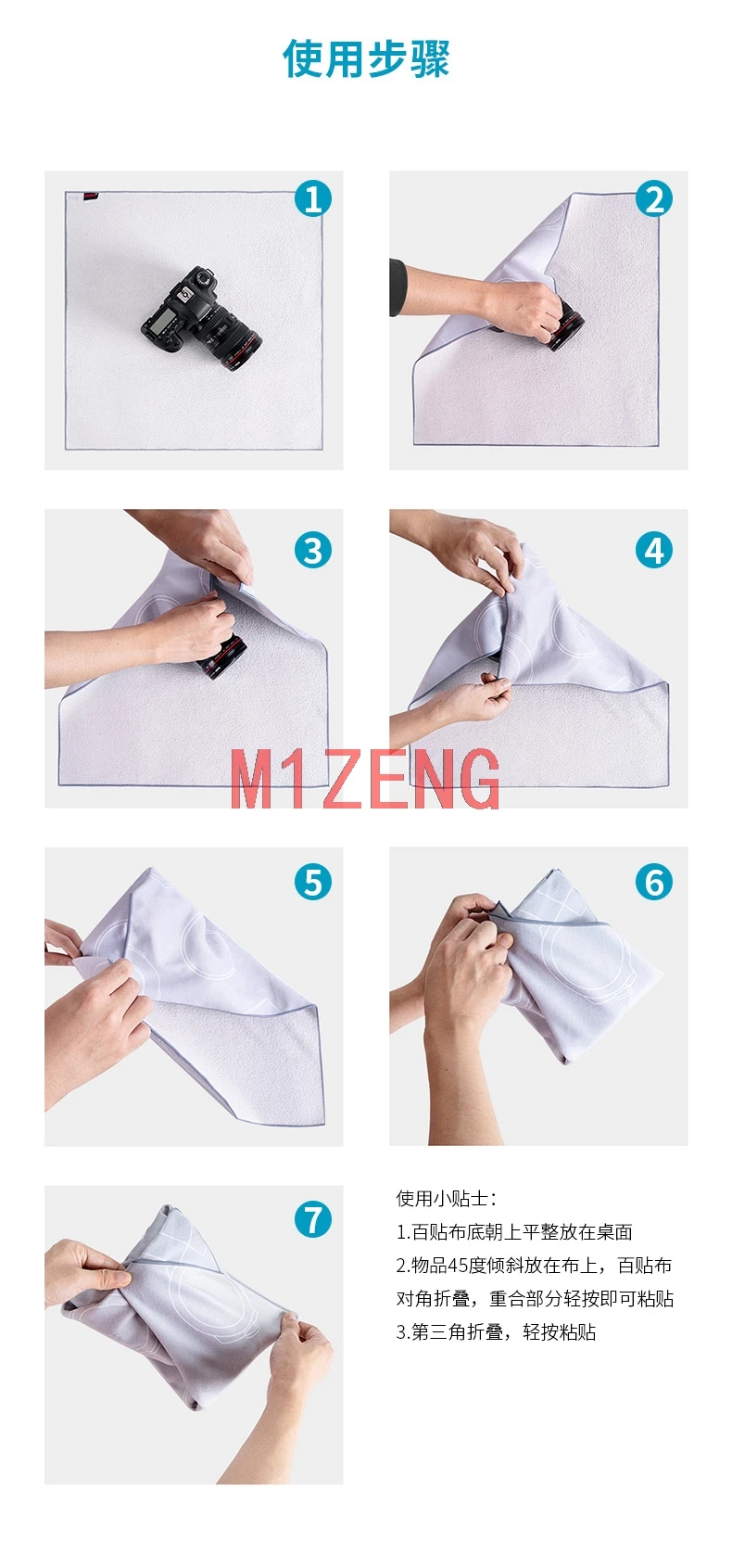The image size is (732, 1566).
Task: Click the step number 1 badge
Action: point(312,198)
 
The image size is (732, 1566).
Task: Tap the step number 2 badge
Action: point(654,198)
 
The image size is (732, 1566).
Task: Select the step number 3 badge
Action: point(312,550)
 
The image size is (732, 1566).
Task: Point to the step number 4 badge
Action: point(654,550)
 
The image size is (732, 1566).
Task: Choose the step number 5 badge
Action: point(312,882)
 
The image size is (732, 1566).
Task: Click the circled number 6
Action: point(654,882)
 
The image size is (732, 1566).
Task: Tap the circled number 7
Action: point(312,1219)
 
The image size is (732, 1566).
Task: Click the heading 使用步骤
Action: point(366,58)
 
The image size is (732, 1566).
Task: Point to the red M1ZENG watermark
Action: point(364,779)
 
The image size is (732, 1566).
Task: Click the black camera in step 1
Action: point(201,319)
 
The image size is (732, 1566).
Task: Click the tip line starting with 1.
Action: point(514,1232)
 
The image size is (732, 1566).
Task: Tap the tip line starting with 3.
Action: point(496,1332)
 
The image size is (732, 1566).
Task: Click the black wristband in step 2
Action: point(398,287)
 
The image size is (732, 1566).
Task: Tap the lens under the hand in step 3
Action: point(223,656)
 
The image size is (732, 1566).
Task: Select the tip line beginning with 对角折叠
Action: point(535,1299)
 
